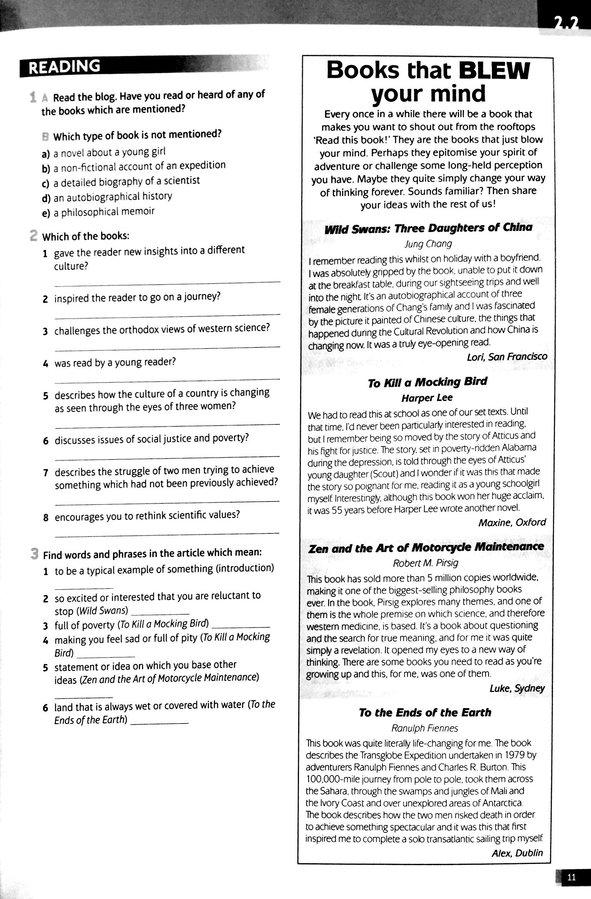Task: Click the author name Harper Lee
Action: [427, 398]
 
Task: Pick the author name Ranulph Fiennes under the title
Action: [425, 729]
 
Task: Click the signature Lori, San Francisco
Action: [506, 357]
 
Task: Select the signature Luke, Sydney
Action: [517, 688]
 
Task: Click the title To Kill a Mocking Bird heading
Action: [427, 382]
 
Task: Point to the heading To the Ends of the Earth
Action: [425, 712]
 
